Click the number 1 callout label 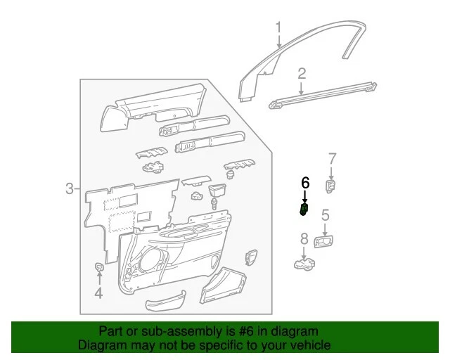pyautogui.click(x=278, y=28)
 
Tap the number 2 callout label pyautogui.click(x=302, y=74)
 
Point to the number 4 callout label pyautogui.click(x=98, y=294)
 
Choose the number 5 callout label pyautogui.click(x=325, y=215)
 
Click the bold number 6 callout pyautogui.click(x=305, y=183)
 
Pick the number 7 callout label pyautogui.click(x=333, y=158)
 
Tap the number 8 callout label pyautogui.click(x=304, y=239)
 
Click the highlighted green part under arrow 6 pyautogui.click(x=304, y=209)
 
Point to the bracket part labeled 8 pyautogui.click(x=304, y=264)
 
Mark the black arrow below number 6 pyautogui.click(x=305, y=196)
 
